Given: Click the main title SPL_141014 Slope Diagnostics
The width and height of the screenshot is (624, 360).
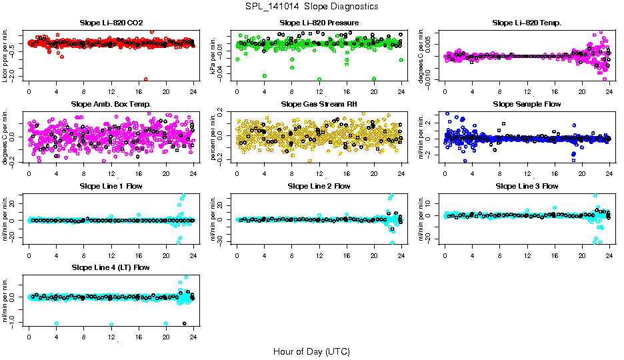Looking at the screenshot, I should (311, 6).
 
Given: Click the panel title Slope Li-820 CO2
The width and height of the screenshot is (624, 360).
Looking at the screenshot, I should (111, 23).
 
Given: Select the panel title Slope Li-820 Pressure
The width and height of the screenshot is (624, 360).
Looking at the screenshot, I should (319, 23).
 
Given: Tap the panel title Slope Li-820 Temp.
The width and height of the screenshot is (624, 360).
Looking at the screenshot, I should (527, 23).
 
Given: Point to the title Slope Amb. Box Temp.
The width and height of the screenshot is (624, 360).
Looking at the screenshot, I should (111, 104).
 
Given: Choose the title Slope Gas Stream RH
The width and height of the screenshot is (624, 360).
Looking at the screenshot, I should (319, 104).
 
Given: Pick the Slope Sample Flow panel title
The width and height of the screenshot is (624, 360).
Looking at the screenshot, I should (527, 104).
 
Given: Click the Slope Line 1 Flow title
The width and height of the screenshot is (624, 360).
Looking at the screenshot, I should (111, 186).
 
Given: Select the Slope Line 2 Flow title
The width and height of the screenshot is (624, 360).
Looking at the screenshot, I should (319, 186).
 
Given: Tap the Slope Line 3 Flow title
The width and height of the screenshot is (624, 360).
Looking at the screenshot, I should (527, 186).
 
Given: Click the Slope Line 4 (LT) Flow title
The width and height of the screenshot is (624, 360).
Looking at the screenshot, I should (111, 267).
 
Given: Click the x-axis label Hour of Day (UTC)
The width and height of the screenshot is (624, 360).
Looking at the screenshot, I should (311, 351).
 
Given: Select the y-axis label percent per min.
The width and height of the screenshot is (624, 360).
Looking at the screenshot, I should (213, 137).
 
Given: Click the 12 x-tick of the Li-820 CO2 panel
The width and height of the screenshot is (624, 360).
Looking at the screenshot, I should (111, 91).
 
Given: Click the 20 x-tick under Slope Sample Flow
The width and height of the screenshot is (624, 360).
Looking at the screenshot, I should (582, 173).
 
